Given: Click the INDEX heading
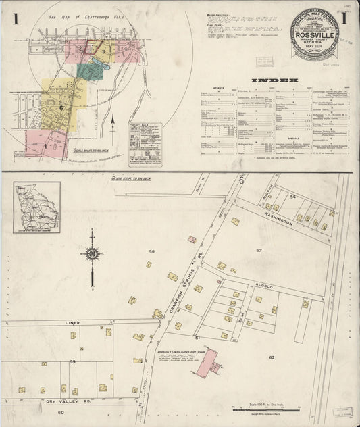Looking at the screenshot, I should pos(275,80).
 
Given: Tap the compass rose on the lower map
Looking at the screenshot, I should pos(93,254).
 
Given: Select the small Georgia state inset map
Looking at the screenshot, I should pos(36,207).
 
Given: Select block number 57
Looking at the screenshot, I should pos(258,251).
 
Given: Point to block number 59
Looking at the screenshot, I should pos(72,362).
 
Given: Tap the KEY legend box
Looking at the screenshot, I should pos(145,144).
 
